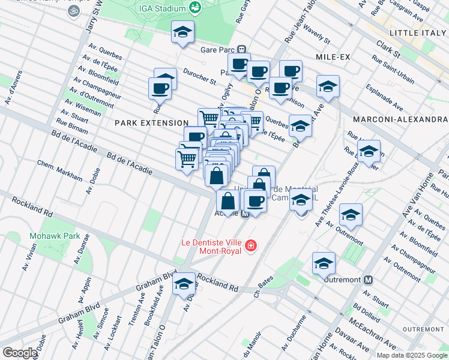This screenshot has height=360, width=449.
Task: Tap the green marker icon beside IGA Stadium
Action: coord(195,7)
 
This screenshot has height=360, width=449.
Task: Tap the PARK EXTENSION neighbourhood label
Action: coord(148,122)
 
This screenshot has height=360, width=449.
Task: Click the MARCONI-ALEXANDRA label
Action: coord(400,119)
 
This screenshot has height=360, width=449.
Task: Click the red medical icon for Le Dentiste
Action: coord(250,246)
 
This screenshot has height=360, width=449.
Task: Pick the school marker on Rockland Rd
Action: coord(184,284)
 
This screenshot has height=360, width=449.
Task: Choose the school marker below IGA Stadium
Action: coord(182,32)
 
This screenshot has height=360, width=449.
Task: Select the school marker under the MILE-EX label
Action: coord(328,87)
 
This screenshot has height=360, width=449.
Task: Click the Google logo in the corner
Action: coord(20,353)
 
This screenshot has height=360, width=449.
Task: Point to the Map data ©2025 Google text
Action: coord(411,355)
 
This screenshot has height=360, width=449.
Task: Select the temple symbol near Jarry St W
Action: coord(74,11)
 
